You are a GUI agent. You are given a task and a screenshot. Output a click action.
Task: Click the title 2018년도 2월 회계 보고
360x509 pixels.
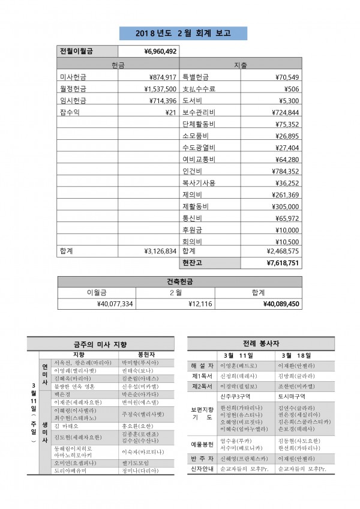point(180,33)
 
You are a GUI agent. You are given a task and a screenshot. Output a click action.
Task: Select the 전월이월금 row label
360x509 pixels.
point(76,52)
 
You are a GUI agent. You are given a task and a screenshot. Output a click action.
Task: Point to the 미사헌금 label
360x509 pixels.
point(73,77)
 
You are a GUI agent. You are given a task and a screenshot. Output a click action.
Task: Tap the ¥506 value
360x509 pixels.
point(292,89)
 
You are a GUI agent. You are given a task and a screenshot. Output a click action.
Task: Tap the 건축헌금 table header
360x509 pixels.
point(180,282)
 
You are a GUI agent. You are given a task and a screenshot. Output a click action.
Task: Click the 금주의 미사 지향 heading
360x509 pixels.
point(104,344)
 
